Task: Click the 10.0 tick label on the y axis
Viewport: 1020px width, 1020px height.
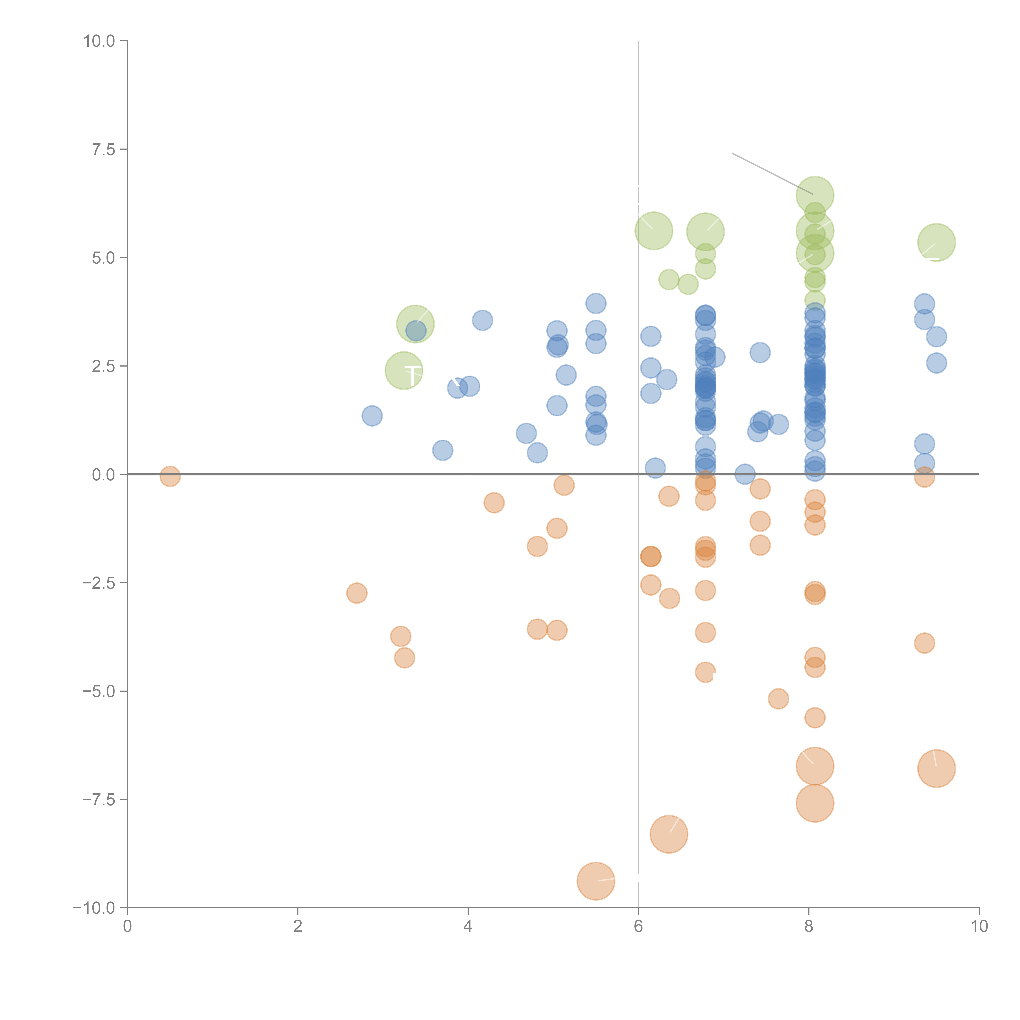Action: coord(99,41)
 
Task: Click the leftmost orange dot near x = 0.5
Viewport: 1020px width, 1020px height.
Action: coord(170,476)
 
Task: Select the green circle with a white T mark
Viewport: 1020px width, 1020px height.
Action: coord(404,370)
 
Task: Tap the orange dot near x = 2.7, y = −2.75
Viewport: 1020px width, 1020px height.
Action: coord(357,593)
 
